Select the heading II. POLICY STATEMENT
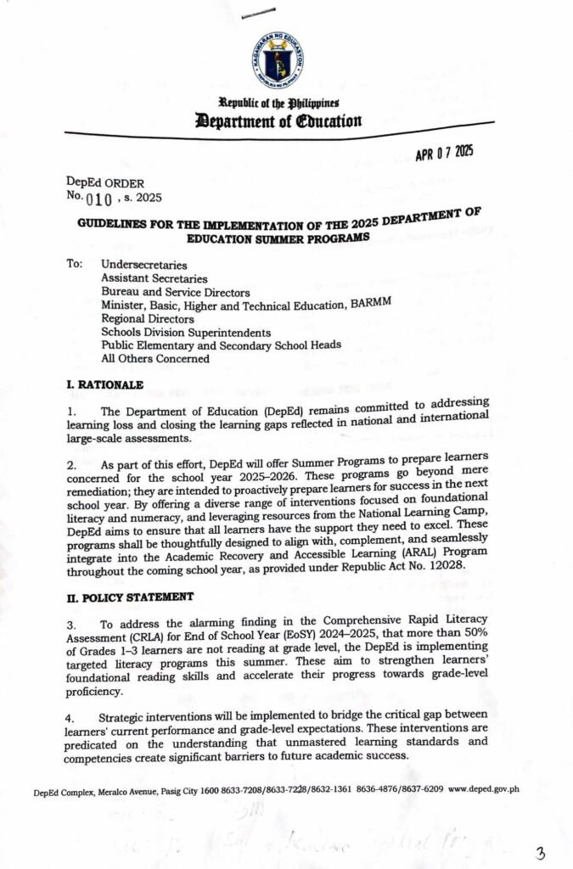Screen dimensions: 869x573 (124, 597)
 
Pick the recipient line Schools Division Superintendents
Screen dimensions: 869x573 (187, 333)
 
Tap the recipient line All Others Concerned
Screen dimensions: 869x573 (155, 357)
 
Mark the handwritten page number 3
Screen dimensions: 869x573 (540, 850)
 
